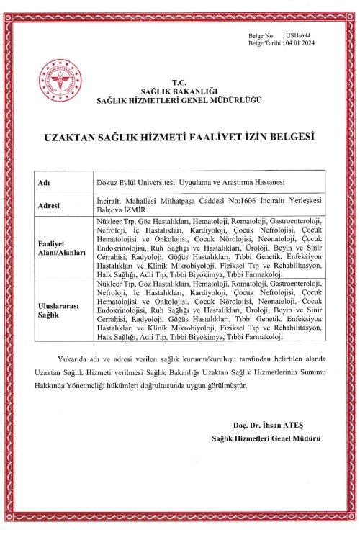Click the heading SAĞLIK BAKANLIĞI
coord(179,91)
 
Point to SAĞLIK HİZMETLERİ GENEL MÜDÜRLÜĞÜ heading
coord(179,99)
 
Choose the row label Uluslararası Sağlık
coord(58,310)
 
